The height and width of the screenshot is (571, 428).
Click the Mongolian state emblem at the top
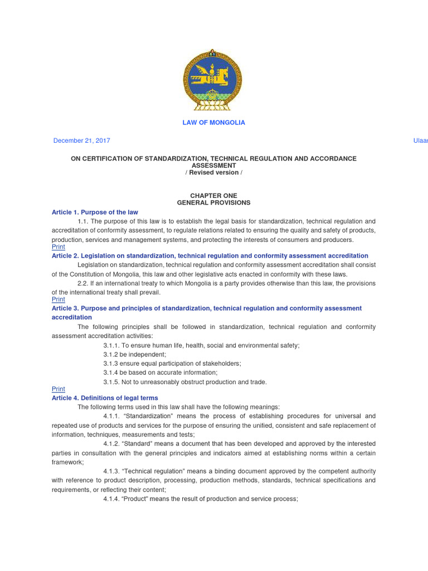(x=213, y=79)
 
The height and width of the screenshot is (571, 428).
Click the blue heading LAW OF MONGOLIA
(x=213, y=123)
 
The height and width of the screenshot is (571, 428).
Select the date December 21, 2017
(x=81, y=141)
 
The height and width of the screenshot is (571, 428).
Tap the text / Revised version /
(x=213, y=173)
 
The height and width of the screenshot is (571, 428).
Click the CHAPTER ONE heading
(x=213, y=196)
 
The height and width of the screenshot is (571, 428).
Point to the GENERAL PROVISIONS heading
(x=213, y=203)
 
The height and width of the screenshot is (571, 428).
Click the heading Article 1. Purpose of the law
(x=95, y=212)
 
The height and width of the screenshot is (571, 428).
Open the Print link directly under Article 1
(x=58, y=247)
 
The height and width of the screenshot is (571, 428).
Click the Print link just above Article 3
(x=58, y=299)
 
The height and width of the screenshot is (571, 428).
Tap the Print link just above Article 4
(x=58, y=389)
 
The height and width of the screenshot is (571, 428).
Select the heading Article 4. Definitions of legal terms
(x=105, y=398)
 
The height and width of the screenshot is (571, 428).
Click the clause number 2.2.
(x=84, y=284)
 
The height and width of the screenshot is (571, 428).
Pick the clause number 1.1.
(x=84, y=222)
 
